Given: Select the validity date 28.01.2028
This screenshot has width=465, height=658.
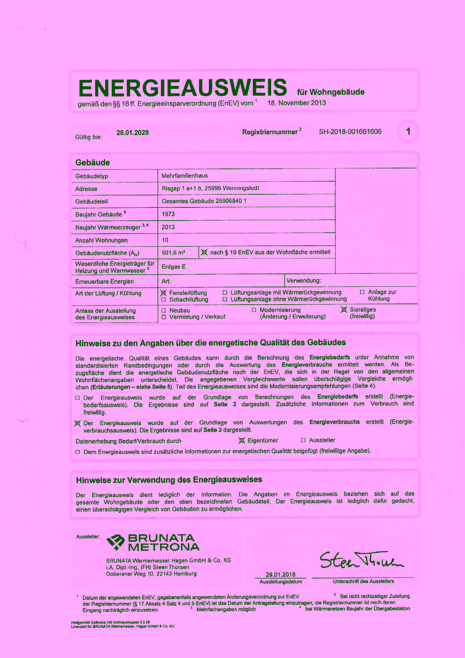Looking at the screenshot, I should [132, 133].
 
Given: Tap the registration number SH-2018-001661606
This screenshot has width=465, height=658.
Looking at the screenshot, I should [350, 132].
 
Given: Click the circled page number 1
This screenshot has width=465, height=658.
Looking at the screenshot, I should [408, 131].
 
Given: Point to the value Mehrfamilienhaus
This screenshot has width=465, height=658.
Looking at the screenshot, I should [184, 176].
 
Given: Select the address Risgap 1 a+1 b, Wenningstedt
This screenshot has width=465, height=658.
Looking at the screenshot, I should [210, 188].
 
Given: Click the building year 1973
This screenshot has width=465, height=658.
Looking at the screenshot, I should [168, 214].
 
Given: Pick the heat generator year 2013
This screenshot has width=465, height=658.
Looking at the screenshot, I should [168, 227].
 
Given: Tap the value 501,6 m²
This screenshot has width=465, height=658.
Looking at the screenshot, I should [173, 253].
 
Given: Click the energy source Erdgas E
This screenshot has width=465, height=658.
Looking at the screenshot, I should [174, 267].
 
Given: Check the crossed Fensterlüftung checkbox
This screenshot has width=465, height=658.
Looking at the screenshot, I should [163, 293].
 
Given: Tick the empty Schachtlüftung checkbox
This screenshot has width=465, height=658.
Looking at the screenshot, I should [163, 300].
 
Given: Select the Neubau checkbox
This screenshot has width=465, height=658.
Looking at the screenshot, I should [163, 311].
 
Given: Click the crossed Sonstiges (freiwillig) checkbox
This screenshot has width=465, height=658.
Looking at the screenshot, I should [344, 310].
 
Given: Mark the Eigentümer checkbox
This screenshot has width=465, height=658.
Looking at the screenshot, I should [242, 440].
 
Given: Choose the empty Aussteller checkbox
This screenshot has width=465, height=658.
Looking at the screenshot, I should [303, 440].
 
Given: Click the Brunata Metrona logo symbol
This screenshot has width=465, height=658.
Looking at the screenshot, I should [115, 542].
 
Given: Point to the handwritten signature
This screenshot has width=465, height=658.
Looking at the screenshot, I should [361, 560].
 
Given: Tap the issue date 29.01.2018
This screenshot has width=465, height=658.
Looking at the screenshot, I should [280, 575].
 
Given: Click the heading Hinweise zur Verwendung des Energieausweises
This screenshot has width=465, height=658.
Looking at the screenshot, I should [169, 480].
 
